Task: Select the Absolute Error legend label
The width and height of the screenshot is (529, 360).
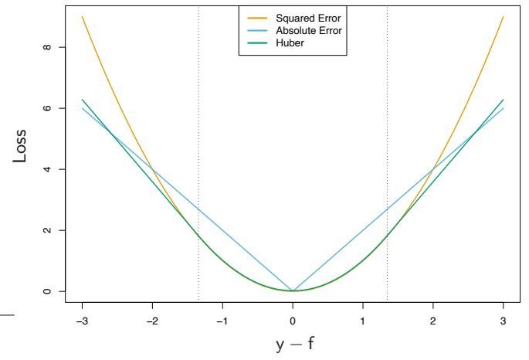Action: point(306,30)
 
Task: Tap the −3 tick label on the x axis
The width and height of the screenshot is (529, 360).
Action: point(81,319)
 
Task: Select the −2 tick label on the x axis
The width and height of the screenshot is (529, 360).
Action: point(151,319)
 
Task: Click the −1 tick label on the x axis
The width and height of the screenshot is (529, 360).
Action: point(222,319)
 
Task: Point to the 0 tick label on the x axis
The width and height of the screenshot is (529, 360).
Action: point(293,319)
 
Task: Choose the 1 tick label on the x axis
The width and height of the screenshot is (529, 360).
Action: point(363,319)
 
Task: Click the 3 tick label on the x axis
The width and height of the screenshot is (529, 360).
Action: point(504,319)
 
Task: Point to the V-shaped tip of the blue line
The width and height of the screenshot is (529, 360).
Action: point(293,290)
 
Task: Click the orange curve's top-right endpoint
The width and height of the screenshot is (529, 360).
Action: point(504,17)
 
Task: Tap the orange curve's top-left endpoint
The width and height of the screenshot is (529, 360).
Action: point(82,17)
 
